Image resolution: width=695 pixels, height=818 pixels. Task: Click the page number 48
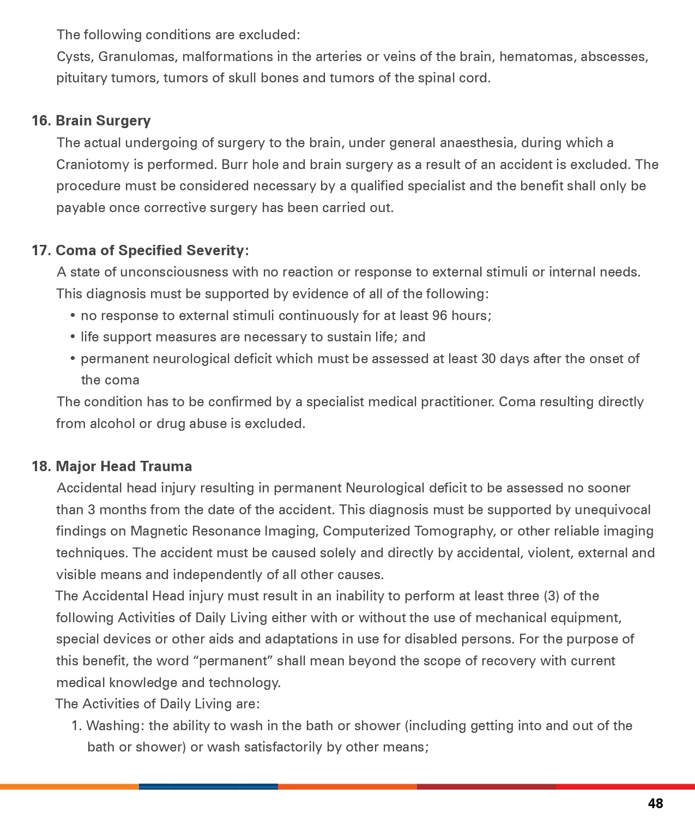(655, 803)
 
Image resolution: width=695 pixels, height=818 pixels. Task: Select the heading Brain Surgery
(103, 121)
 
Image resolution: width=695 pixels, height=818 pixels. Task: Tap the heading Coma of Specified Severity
(152, 250)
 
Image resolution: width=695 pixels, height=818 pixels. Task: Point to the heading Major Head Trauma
(124, 466)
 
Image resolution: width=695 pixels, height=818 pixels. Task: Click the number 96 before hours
(440, 316)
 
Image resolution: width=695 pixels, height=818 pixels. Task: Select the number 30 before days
(488, 359)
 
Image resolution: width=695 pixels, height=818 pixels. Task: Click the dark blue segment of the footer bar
(208, 786)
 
